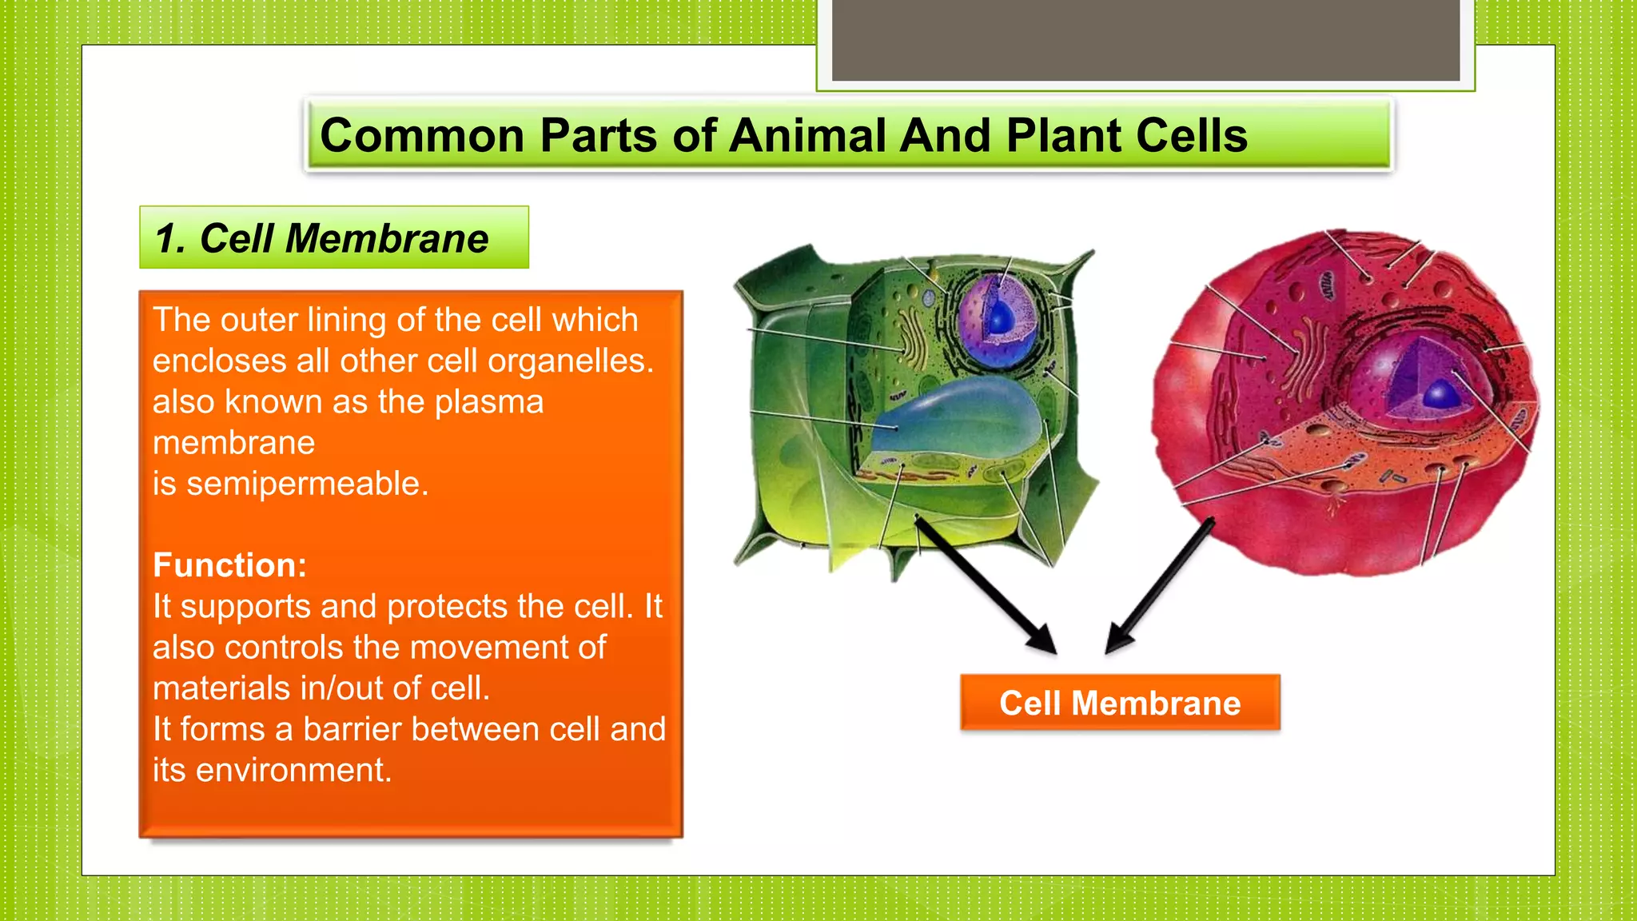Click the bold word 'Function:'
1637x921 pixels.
(x=230, y=565)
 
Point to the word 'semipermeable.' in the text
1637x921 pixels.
(x=308, y=484)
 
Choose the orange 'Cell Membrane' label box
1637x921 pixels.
(x=1119, y=703)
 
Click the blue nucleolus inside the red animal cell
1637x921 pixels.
(x=1441, y=393)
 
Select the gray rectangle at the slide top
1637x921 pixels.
(x=1145, y=40)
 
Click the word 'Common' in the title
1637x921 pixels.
(x=421, y=135)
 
